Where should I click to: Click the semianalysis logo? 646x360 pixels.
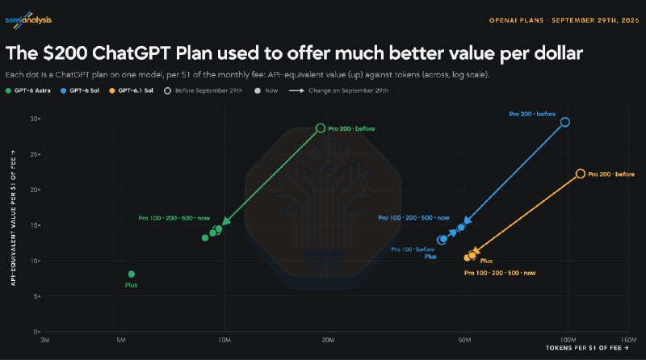click(x=28, y=20)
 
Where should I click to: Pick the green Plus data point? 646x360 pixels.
click(x=132, y=274)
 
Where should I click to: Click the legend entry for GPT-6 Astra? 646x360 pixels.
click(x=28, y=90)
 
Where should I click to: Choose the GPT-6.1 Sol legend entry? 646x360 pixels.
click(x=131, y=90)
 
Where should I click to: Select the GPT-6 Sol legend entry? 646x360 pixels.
click(x=80, y=90)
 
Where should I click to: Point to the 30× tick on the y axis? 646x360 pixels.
click(x=36, y=119)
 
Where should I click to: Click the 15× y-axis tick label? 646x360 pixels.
click(x=36, y=225)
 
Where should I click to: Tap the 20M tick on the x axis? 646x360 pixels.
click(x=328, y=340)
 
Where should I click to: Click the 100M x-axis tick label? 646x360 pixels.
click(x=568, y=340)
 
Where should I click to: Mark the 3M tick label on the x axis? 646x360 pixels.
click(x=45, y=340)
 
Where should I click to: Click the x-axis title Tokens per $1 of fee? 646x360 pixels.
click(x=587, y=348)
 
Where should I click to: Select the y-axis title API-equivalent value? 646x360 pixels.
click(x=13, y=218)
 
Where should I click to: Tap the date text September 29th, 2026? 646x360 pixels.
click(x=595, y=20)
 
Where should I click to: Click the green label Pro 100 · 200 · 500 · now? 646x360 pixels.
click(x=174, y=218)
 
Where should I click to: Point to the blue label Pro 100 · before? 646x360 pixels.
click(x=413, y=249)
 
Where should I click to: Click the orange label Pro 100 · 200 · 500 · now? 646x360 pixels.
click(x=500, y=273)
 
